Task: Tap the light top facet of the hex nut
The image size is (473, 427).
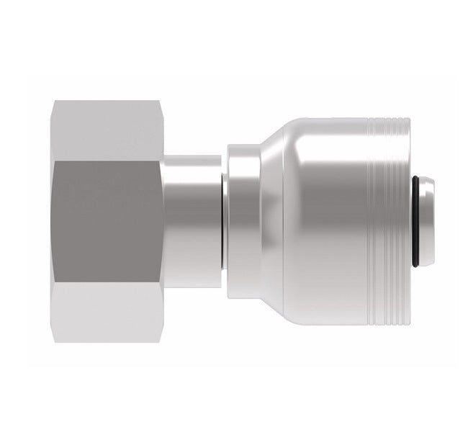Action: coord(108,130)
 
